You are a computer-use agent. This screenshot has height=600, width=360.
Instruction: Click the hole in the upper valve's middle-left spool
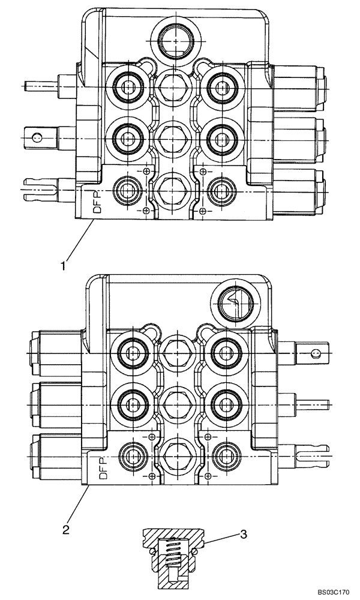click(37, 137)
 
